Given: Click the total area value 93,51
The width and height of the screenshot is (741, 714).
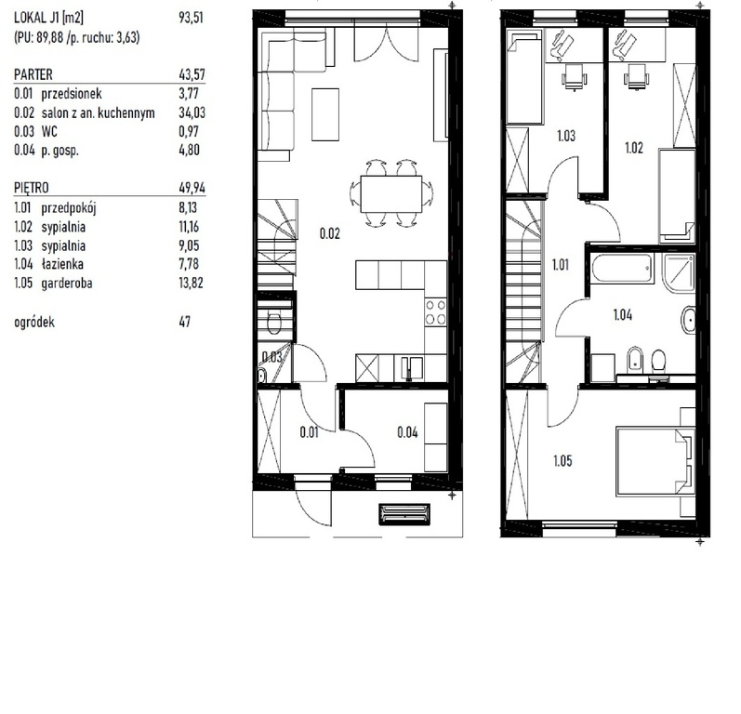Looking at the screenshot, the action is pos(191,18).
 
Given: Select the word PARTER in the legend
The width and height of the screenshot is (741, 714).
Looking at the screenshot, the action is pos(33,74).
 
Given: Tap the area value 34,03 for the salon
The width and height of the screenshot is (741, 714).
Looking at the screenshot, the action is pos(192,112).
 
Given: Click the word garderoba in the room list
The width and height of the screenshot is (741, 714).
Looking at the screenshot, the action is pos(67,283).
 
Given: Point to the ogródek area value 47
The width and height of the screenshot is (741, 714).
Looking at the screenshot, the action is pos(185,322).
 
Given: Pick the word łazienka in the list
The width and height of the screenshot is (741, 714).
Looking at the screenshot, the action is pos(62,264).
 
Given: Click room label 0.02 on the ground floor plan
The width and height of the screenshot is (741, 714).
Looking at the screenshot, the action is pos(329,233).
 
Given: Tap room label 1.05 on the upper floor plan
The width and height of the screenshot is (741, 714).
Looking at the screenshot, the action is pos(562,460).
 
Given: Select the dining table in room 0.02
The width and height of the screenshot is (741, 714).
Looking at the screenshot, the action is pos(390,194).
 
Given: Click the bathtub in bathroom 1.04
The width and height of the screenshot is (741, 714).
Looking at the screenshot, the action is pos(623,269).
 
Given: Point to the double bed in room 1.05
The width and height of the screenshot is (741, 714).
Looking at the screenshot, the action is pos(655,462).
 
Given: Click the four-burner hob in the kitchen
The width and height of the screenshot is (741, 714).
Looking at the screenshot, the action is pos(435,312).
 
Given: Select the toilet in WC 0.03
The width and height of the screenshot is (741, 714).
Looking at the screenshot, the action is pos(273,324).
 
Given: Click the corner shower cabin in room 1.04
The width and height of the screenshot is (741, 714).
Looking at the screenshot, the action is pos(679,271).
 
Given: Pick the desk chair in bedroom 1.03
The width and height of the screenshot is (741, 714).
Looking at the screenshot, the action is pos(574,76).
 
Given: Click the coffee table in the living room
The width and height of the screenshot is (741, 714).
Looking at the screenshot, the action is pos(325,114).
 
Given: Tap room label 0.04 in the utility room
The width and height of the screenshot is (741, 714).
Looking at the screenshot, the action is pos(407,432).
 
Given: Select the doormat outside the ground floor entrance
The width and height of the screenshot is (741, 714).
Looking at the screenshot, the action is pos(404,514).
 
